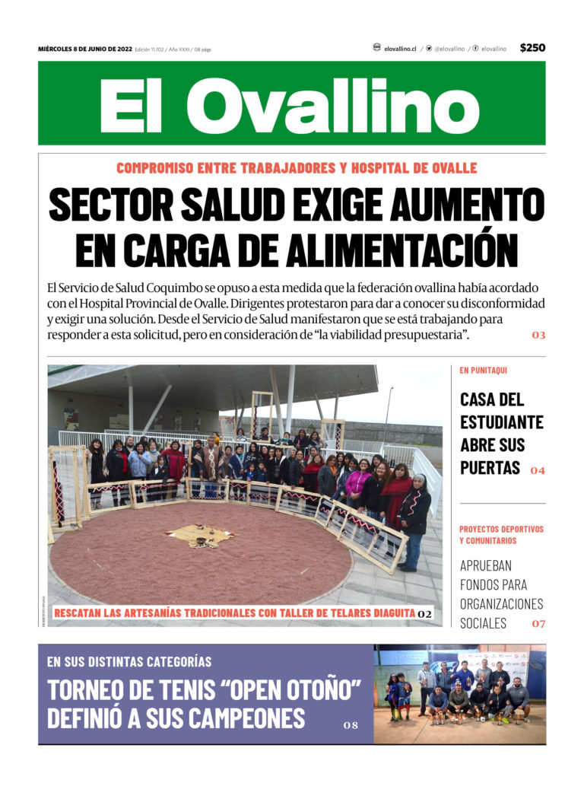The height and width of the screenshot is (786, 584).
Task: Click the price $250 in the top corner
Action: (x=532, y=48)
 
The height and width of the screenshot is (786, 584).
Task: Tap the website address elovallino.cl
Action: (x=400, y=49)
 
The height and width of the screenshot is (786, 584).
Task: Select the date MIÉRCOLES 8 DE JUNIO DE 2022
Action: (x=85, y=49)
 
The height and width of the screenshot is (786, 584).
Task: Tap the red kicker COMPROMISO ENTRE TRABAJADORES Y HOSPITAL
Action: (x=297, y=167)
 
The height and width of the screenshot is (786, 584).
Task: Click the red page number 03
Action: (x=538, y=335)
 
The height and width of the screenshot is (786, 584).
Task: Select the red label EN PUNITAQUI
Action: (x=484, y=371)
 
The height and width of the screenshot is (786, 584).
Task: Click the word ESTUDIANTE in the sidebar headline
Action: (x=502, y=422)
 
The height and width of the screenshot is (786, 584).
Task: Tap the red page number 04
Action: (x=538, y=470)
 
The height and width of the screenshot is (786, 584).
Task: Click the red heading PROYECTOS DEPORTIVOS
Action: (x=501, y=529)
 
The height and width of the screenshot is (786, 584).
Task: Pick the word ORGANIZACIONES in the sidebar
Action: (x=501, y=603)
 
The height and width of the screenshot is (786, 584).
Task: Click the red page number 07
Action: (x=538, y=624)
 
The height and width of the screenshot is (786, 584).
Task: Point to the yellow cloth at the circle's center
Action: (x=200, y=536)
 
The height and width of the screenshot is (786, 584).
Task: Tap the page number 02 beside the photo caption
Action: (x=424, y=613)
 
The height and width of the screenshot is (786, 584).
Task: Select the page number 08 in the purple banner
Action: (x=350, y=725)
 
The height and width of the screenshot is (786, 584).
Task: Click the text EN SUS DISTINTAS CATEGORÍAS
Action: (x=129, y=661)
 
